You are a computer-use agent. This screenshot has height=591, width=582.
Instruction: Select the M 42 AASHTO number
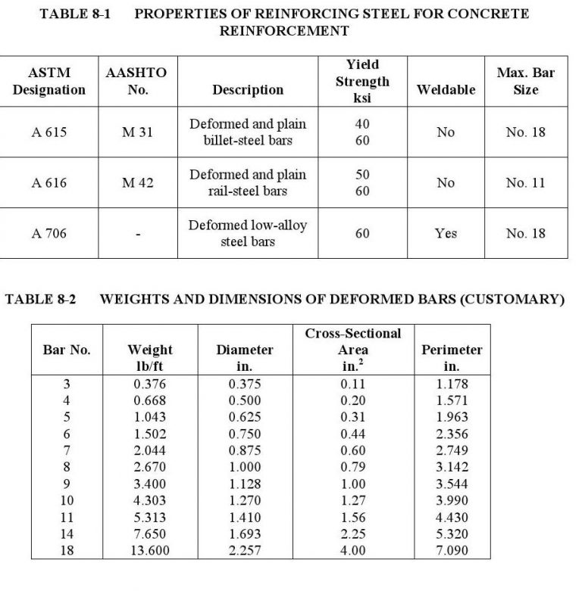tap(137, 183)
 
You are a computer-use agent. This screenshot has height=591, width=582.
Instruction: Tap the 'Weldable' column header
tap(446, 90)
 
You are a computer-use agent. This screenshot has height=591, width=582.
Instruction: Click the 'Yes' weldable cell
tap(446, 233)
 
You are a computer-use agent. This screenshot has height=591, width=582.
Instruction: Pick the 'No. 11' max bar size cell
tap(525, 183)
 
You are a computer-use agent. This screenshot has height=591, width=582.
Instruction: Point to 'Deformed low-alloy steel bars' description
tap(248, 234)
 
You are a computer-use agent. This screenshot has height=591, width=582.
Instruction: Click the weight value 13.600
tap(150, 550)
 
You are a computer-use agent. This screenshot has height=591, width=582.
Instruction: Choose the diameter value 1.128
tap(244, 484)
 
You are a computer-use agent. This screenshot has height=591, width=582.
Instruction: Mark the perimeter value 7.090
tap(452, 550)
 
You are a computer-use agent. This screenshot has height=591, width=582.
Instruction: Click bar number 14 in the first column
tap(67, 533)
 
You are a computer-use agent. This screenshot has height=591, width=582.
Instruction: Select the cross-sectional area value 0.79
tap(353, 467)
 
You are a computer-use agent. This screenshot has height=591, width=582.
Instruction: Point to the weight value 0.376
tap(150, 384)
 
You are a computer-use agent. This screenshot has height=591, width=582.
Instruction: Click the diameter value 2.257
tap(244, 550)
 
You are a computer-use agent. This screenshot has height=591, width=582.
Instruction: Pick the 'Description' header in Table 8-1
tap(248, 90)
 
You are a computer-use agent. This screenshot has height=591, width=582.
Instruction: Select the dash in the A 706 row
tap(137, 235)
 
